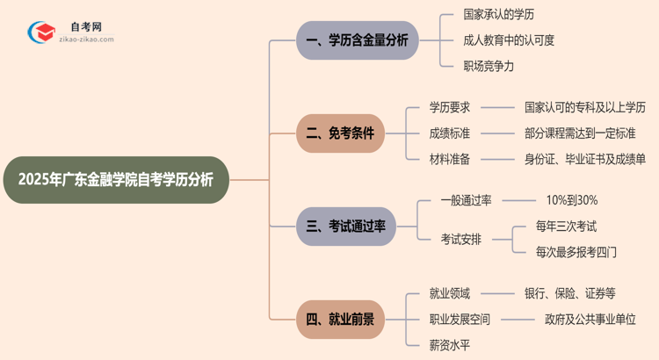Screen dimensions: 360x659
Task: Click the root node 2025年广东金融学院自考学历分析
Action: tap(115, 180)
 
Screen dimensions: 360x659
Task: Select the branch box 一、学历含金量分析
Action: tap(357, 40)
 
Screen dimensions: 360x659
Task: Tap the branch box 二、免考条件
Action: tap(340, 133)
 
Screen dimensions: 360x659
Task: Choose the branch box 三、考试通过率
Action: tap(346, 227)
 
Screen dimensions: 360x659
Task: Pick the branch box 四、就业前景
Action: tap(340, 320)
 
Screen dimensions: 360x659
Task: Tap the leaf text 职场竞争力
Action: tap(489, 66)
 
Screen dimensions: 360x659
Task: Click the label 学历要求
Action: tap(450, 108)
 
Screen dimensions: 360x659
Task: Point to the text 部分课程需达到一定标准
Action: tap(580, 133)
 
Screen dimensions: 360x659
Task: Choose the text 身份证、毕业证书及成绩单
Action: tap(585, 159)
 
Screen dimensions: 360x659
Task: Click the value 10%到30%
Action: tap(571, 200)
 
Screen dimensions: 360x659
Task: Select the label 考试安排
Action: tap(461, 239)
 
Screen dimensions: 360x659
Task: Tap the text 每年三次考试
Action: tap(567, 227)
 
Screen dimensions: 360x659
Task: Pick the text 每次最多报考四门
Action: tap(576, 252)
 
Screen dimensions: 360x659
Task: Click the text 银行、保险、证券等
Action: tap(570, 294)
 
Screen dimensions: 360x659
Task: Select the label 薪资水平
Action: tap(450, 345)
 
